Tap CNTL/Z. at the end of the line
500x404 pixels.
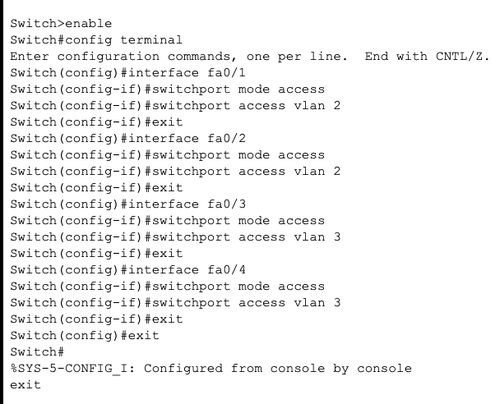(462, 56)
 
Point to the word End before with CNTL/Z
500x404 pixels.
(376, 56)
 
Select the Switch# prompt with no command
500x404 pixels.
(34, 351)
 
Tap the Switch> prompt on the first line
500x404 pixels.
(34, 23)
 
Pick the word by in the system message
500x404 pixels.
(340, 368)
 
